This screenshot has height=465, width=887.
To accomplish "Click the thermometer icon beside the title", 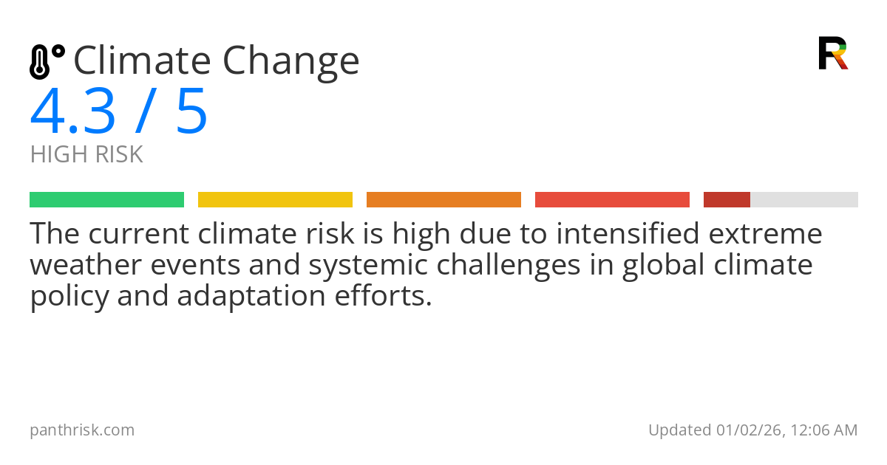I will click(x=46, y=61).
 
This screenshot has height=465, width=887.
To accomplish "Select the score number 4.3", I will click(x=72, y=112).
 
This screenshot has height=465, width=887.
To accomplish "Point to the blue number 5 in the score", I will click(x=191, y=112).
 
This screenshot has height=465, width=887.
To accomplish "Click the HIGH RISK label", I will click(x=86, y=155).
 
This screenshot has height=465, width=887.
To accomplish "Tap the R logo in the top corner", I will click(x=832, y=53).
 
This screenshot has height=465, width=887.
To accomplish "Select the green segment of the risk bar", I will click(x=106, y=200).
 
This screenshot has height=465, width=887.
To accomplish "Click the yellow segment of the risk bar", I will click(x=275, y=200).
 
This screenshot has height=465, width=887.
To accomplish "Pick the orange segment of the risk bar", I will click(x=443, y=200).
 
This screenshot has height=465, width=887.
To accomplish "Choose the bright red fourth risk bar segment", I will click(x=612, y=200).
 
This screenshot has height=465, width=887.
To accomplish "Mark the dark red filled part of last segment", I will click(x=727, y=200).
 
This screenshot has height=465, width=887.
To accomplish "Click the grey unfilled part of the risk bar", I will click(x=804, y=200).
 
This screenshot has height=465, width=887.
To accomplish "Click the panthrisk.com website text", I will click(x=82, y=430).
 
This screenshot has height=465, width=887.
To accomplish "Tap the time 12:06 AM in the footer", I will click(x=825, y=430).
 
